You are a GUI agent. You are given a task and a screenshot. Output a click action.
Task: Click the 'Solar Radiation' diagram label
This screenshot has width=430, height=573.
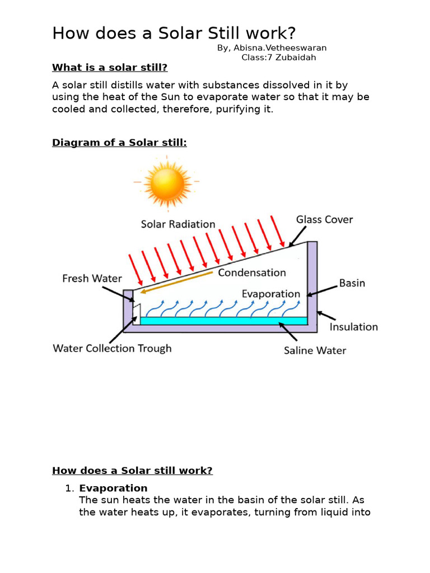coord(178,224)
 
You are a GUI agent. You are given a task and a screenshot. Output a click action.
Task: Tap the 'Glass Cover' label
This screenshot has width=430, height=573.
coord(325,219)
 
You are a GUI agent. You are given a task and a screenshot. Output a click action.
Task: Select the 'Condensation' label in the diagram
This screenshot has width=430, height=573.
coord(252,273)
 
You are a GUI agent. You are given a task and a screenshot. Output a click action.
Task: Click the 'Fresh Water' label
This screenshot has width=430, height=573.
coord(92,278)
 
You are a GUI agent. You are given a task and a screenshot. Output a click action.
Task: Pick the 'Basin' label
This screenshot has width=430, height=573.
coord(352,283)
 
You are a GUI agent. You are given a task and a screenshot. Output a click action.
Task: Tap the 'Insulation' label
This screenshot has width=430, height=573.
coord(353,327)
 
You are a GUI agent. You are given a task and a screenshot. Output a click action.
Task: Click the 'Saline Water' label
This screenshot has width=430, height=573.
coord(315,351)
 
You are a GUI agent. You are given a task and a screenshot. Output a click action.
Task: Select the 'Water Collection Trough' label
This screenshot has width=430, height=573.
coord(112,349)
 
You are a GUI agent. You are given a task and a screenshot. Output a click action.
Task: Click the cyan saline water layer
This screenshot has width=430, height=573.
coord(224,321)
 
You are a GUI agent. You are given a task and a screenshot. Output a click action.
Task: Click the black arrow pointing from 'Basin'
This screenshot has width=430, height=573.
coord(321,289)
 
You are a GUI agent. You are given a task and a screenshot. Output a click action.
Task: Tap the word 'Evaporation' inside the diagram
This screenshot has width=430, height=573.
coord(271,294)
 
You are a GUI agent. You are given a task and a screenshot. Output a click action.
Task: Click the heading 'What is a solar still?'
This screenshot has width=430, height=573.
coord(110,68)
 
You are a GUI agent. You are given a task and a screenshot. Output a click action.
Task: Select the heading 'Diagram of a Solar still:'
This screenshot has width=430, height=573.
coord(119,143)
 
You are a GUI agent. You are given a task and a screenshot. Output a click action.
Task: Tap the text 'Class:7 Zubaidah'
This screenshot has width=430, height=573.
coord(282,57)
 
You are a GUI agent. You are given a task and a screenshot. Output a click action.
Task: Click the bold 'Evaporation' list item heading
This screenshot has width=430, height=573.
coord(113,488)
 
